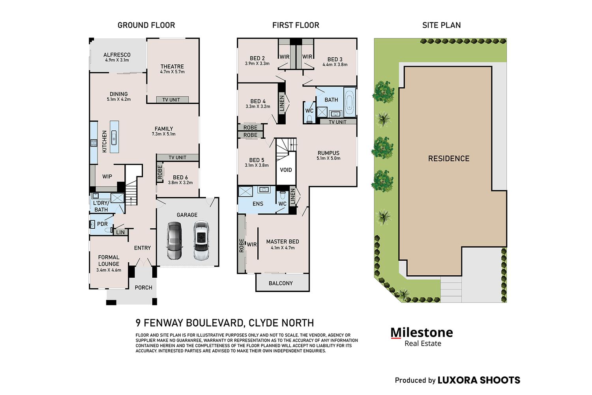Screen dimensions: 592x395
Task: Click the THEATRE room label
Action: [x=172, y=66]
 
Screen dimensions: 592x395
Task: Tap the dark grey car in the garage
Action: [x=175, y=241]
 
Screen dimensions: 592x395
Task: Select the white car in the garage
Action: [x=201, y=241]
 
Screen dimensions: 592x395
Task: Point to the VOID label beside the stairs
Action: [x=286, y=170]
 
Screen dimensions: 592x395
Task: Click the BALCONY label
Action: [x=281, y=283]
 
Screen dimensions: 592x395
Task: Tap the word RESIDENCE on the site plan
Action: [x=449, y=158]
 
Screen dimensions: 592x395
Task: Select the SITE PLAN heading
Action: [x=441, y=25]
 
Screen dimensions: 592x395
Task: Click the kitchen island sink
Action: [x=114, y=137]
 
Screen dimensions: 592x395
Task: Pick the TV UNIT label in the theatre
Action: [x=171, y=100]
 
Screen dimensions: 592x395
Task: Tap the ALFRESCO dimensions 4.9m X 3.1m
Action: [x=117, y=60]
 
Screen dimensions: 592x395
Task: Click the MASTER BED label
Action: [x=283, y=242]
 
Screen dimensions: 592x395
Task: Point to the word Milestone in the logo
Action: [x=422, y=333]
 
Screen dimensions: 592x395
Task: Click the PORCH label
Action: [x=144, y=288]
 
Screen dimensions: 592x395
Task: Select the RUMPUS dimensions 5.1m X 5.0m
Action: [x=328, y=158]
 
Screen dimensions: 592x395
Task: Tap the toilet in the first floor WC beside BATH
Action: [x=309, y=119]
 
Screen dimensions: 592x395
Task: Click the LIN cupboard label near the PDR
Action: [x=120, y=232]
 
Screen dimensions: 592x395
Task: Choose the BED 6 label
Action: [x=180, y=177]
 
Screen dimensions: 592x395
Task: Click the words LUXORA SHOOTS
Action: [x=479, y=380]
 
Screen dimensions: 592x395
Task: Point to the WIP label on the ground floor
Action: [x=107, y=177]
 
